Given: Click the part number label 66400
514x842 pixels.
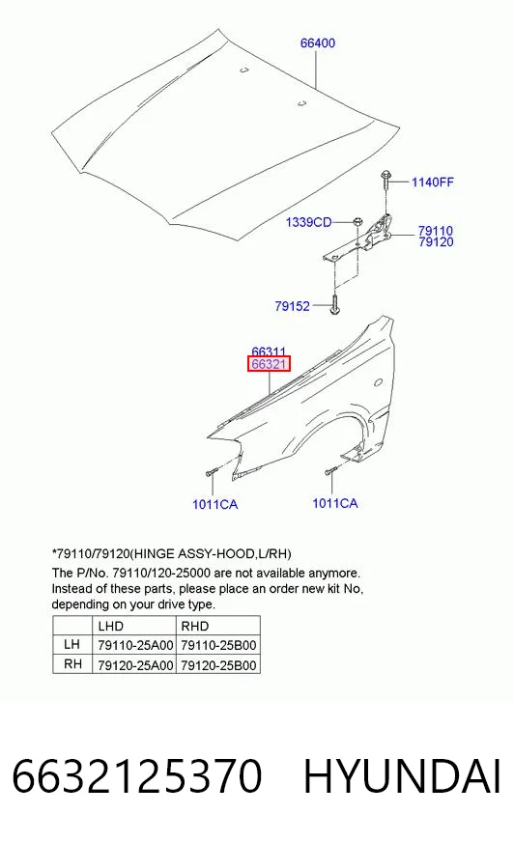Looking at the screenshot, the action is [318, 42].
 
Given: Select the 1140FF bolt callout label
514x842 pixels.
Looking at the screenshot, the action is [433, 182].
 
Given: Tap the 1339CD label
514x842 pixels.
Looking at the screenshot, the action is [309, 222].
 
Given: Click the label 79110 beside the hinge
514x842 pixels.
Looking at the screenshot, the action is [436, 231].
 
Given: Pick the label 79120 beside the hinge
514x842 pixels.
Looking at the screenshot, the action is [436, 242].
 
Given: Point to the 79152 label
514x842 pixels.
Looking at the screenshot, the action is [292, 306].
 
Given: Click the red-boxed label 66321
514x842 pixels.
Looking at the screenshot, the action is [270, 364].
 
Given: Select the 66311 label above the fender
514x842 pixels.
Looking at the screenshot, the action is [269, 351].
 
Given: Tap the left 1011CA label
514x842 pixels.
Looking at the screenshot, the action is [214, 504].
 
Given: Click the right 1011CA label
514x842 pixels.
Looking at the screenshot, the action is [335, 503].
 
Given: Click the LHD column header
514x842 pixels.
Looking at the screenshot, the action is [111, 626].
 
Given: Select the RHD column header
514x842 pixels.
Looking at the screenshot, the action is [194, 626].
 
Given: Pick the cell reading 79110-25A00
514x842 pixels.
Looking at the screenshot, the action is [135, 645].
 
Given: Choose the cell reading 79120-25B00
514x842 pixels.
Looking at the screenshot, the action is [218, 665].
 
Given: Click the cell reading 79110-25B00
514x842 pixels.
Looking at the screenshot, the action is [218, 645].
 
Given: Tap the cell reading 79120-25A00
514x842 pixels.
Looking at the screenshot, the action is [135, 665].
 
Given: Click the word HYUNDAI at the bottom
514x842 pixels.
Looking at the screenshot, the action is [402, 776].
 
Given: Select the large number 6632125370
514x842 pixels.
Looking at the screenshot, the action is [137, 776].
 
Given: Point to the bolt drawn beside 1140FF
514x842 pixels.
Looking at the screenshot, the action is [385, 180].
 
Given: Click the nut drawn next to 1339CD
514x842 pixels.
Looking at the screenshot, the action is [357, 221].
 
